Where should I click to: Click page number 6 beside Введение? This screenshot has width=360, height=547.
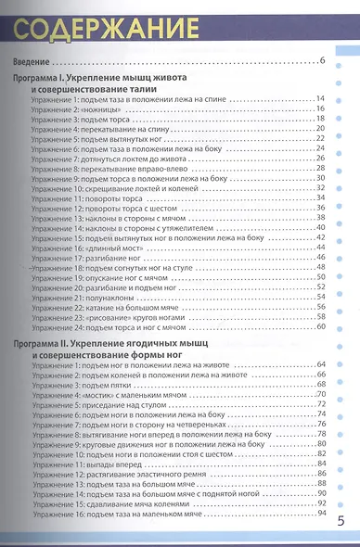pyautogui.click(x=319, y=63)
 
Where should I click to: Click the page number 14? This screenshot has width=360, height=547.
pyautogui.click(x=319, y=98)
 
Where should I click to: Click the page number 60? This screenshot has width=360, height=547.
pyautogui.click(x=319, y=327)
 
